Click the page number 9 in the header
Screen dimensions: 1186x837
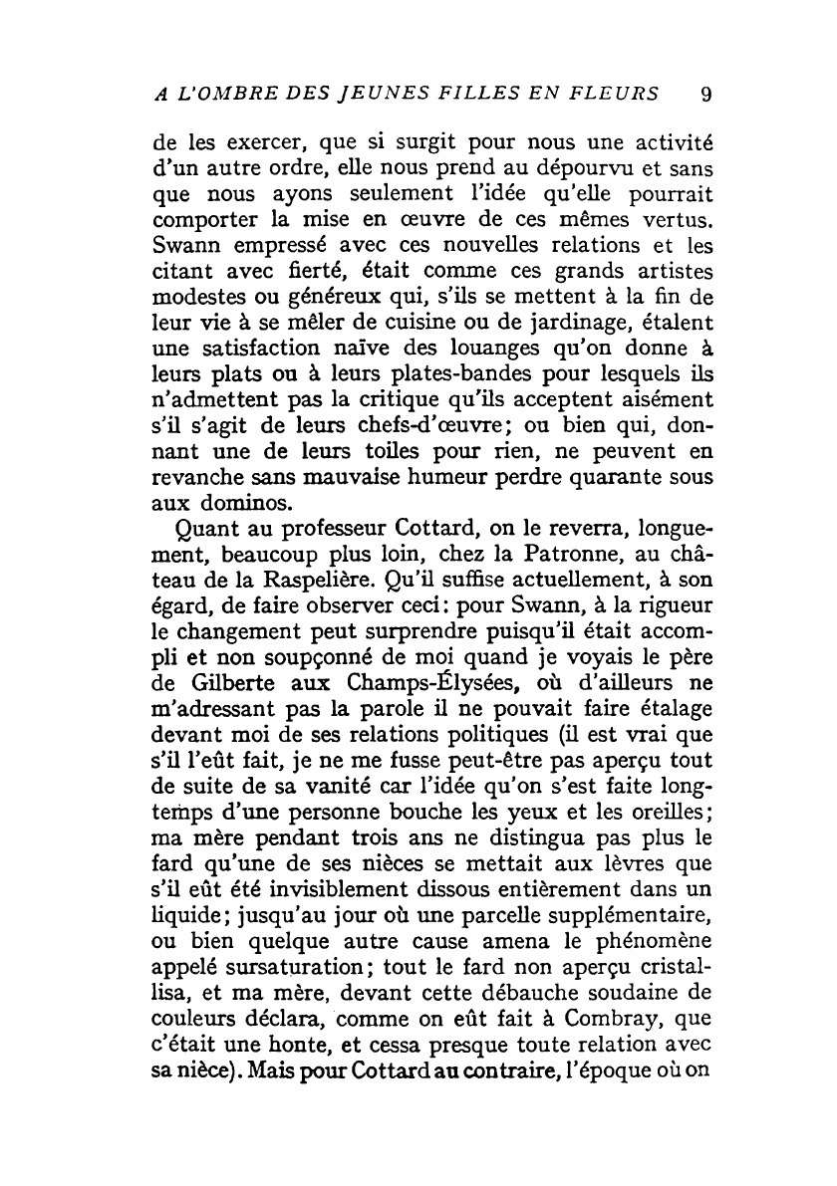(x=705, y=95)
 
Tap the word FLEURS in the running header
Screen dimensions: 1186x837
(x=616, y=95)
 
